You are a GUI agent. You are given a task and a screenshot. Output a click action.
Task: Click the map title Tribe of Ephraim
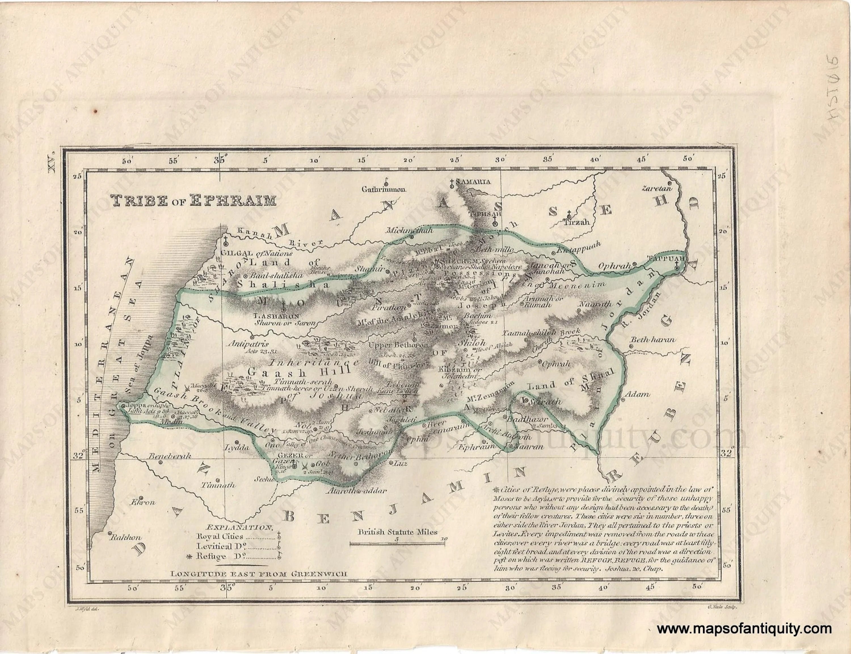[193, 201]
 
